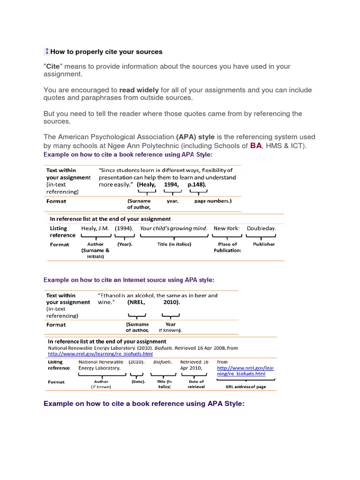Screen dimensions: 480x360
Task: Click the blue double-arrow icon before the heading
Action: (47, 52)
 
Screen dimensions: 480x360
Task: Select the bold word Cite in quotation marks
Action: (53, 67)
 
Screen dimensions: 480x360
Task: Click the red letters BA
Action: (256, 146)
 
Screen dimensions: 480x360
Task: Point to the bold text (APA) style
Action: (195, 137)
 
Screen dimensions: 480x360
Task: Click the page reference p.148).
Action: (196, 185)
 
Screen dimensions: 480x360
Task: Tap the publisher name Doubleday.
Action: (261, 228)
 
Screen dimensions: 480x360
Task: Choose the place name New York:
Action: (226, 228)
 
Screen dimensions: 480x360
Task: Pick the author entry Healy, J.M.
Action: (95, 228)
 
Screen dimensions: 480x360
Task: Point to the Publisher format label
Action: (264, 244)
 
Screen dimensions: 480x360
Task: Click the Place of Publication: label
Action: (227, 247)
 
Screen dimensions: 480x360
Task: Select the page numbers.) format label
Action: (213, 201)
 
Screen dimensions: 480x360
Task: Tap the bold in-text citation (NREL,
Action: (136, 303)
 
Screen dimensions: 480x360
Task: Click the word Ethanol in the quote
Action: (112, 296)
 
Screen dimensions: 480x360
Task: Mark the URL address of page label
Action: (246, 387)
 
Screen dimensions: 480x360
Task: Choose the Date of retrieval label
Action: (196, 384)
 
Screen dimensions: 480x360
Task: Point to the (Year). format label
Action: (125, 244)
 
